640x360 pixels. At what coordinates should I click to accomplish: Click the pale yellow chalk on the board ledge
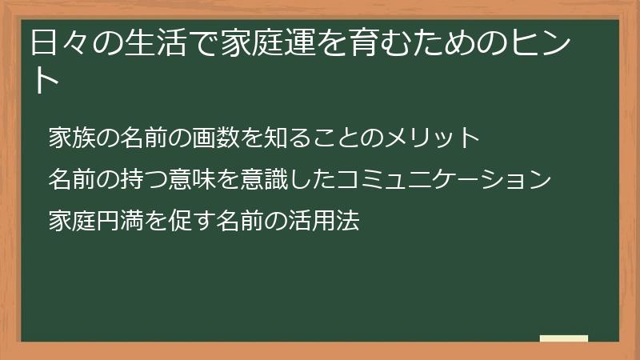564,339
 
